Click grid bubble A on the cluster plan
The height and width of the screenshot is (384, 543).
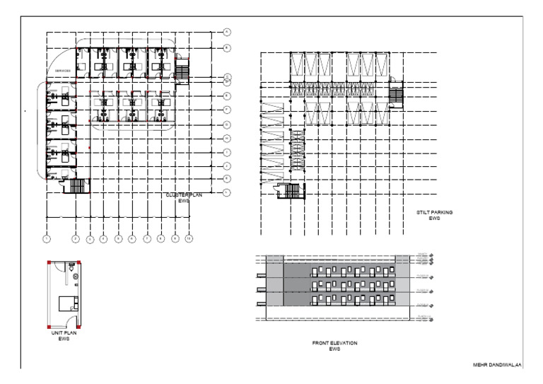(x=227, y=32)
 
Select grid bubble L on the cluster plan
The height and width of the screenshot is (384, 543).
(x=227, y=192)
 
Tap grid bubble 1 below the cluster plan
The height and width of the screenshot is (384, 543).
(x=46, y=239)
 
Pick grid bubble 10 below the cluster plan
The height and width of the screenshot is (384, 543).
(x=189, y=239)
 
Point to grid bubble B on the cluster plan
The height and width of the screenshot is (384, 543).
(x=227, y=48)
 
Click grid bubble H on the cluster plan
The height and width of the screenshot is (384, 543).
(x=227, y=138)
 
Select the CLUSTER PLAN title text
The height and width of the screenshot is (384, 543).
(x=183, y=197)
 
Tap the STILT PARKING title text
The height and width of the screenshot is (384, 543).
(x=434, y=215)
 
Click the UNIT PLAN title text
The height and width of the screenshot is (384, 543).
(x=67, y=334)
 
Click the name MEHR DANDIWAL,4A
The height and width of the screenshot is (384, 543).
(x=496, y=364)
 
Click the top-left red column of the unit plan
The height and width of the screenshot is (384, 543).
(x=49, y=263)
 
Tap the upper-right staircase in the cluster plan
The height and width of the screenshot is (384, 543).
(x=182, y=70)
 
